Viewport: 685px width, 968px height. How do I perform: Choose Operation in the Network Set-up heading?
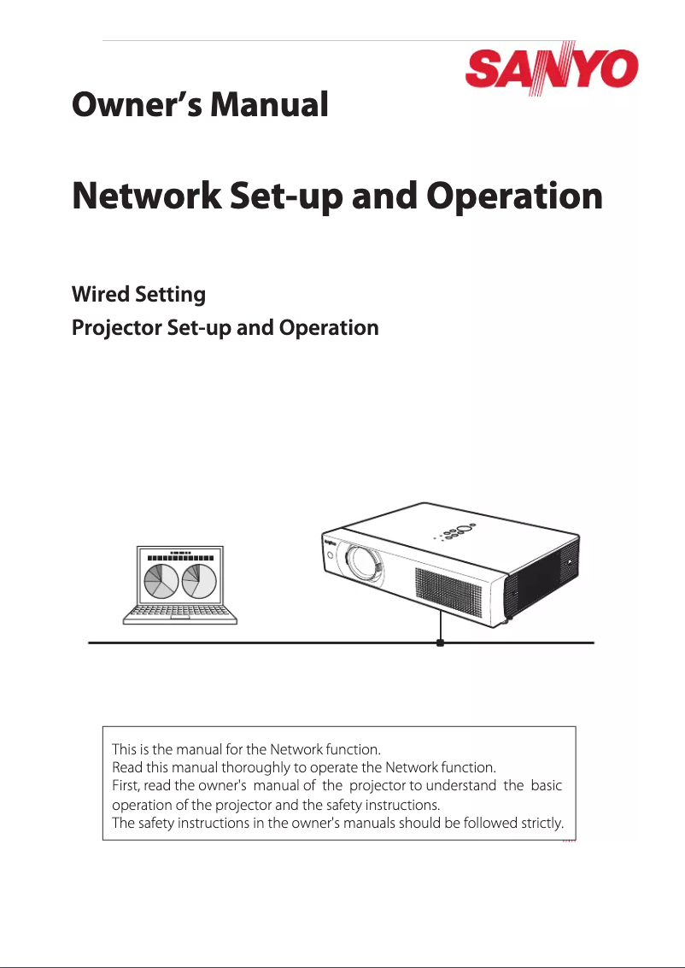click(x=514, y=197)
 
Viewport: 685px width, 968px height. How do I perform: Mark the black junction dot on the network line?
click(x=440, y=642)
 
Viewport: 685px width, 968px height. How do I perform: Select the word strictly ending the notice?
click(x=544, y=824)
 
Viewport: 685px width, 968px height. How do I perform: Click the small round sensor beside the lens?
click(x=331, y=556)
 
